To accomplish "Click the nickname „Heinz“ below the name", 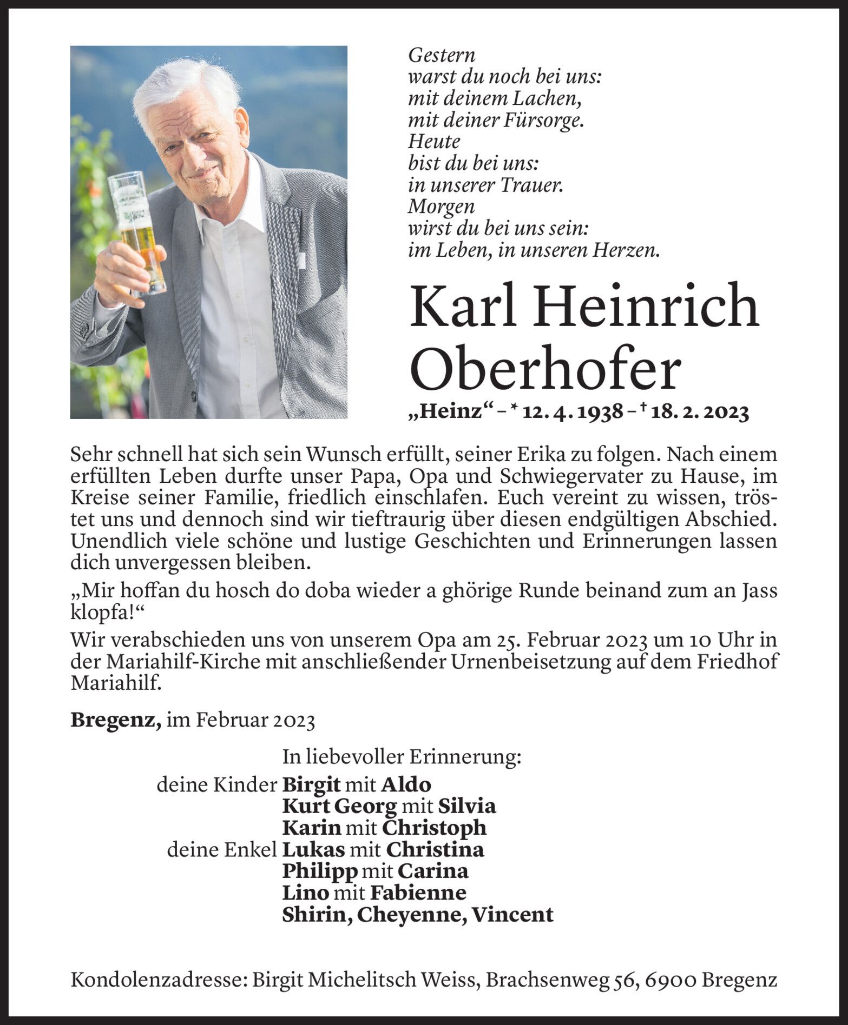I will point(442,414).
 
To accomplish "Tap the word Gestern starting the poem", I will point(442,55).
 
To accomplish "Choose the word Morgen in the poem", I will point(441,207).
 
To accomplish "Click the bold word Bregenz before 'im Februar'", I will point(115,721).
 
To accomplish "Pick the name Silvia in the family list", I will point(466,806).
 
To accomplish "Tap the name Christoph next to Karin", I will point(434,828).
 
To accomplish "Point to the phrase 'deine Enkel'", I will point(222,850).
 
